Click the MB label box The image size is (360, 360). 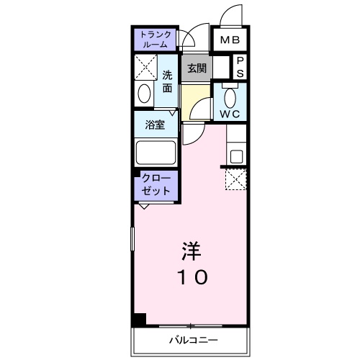(230, 40)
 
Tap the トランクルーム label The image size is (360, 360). (155, 39)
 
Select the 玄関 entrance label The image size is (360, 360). (197, 69)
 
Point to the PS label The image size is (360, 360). (240, 67)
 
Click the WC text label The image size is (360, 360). (230, 114)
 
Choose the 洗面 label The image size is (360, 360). (167, 81)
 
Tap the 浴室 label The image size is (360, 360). (155, 124)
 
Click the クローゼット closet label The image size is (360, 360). (155, 185)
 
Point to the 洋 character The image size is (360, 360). (191, 251)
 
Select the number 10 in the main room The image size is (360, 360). (191, 276)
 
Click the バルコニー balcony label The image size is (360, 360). (193, 338)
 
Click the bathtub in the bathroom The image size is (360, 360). (155, 153)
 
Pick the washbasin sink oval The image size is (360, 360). (144, 94)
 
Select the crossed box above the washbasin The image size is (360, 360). (146, 70)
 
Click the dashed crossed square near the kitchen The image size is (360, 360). (236, 179)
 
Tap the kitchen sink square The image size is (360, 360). (236, 155)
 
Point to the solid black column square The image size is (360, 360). (138, 320)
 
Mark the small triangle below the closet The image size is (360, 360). (144, 207)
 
